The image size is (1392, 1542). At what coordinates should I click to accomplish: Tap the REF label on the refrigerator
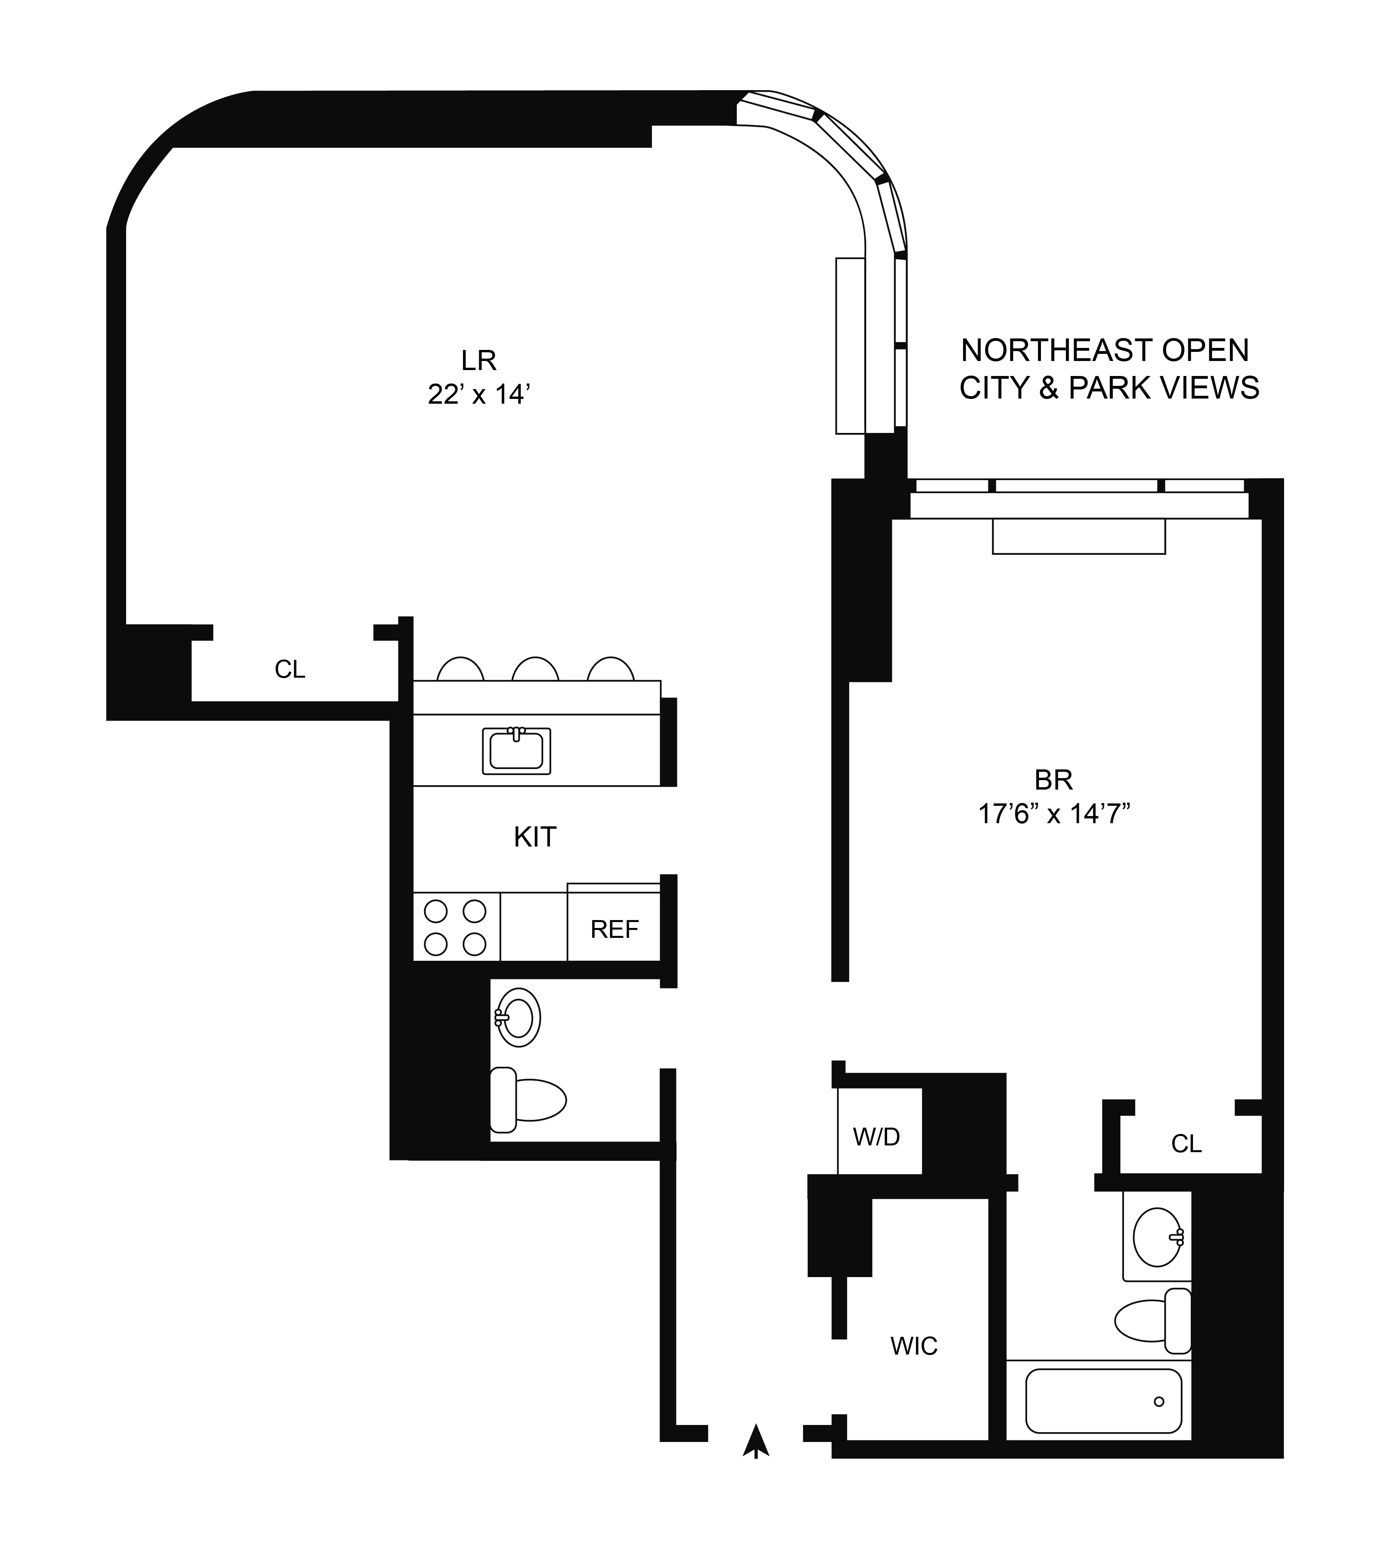(x=614, y=929)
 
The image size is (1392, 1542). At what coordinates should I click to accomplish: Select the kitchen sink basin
(x=516, y=751)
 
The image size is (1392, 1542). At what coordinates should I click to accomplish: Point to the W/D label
(x=876, y=1138)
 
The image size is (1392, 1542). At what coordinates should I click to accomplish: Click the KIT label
(x=535, y=837)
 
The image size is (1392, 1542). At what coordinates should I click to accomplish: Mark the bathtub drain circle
(x=1159, y=1401)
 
